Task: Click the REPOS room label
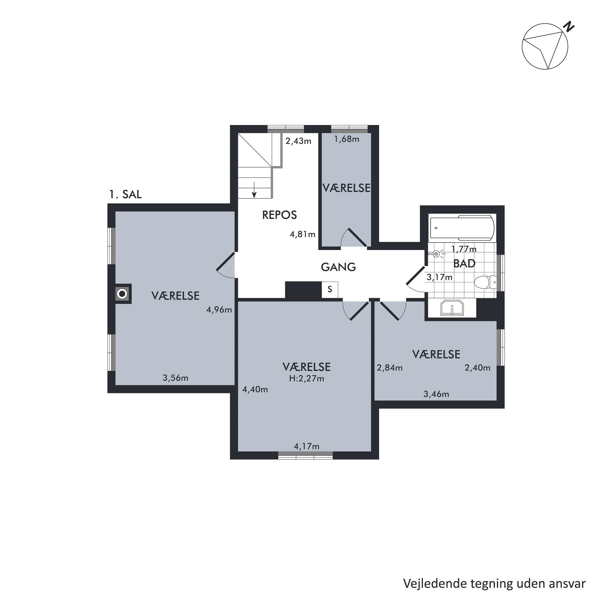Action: pyautogui.click(x=279, y=215)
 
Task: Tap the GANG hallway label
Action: pyautogui.click(x=338, y=267)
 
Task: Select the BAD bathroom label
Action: pyautogui.click(x=464, y=263)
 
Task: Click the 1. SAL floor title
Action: pyautogui.click(x=125, y=194)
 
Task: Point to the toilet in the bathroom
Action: pyautogui.click(x=485, y=282)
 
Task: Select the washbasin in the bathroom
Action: pyautogui.click(x=452, y=308)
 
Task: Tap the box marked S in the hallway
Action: pyautogui.click(x=330, y=289)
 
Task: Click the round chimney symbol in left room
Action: pyautogui.click(x=122, y=293)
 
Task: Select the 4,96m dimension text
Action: pyautogui.click(x=219, y=310)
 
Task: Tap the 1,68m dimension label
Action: pyautogui.click(x=347, y=139)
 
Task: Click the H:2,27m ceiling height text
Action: pyautogui.click(x=307, y=378)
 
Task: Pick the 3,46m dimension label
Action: pyautogui.click(x=436, y=394)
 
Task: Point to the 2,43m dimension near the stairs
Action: pyautogui.click(x=298, y=141)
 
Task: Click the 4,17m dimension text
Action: pyautogui.click(x=307, y=447)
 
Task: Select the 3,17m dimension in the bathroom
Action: pyautogui.click(x=439, y=277)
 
